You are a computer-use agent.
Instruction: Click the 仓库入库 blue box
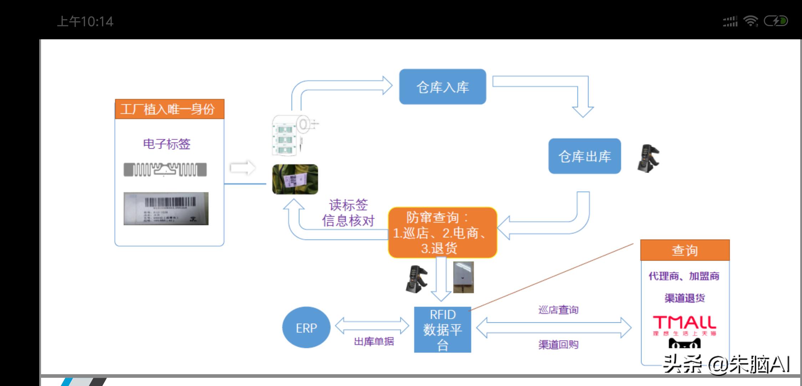pyautogui.click(x=442, y=87)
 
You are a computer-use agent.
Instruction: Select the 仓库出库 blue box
pyautogui.click(x=584, y=156)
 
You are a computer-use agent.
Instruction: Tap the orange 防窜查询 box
pyautogui.click(x=442, y=232)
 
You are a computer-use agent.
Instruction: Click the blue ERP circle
pyautogui.click(x=306, y=327)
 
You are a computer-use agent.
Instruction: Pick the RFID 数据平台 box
pyautogui.click(x=442, y=330)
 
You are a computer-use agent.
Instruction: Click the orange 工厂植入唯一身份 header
pyautogui.click(x=169, y=109)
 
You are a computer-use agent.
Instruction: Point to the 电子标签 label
pyautogui.click(x=167, y=144)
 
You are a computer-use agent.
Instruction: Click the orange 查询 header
pyautogui.click(x=685, y=250)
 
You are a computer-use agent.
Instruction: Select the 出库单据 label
pyautogui.click(x=374, y=341)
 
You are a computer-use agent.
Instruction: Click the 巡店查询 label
pyautogui.click(x=558, y=310)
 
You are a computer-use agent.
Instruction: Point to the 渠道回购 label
pyautogui.click(x=558, y=345)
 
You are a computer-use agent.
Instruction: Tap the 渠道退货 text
pyautogui.click(x=685, y=298)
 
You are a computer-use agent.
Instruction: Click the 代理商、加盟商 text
pyautogui.click(x=684, y=276)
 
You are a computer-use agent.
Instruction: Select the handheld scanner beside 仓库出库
pyautogui.click(x=648, y=158)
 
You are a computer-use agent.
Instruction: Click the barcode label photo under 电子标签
pyautogui.click(x=166, y=209)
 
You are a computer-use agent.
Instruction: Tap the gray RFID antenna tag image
pyautogui.click(x=165, y=169)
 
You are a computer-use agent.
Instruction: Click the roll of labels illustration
pyautogui.click(x=293, y=135)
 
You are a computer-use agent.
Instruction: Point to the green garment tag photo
pyautogui.click(x=295, y=179)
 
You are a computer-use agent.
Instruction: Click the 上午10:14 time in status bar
pyautogui.click(x=85, y=21)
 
